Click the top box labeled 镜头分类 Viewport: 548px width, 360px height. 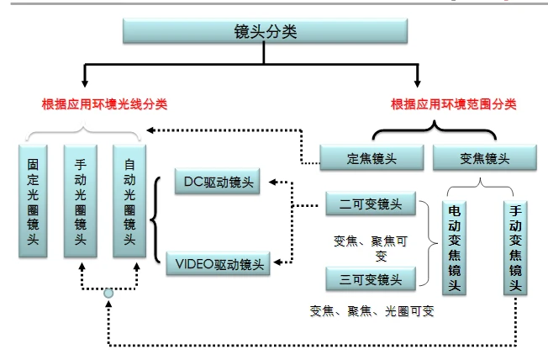265,31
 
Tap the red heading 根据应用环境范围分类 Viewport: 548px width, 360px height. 453,105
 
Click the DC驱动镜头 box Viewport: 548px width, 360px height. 217,181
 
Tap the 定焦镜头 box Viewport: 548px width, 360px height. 371,157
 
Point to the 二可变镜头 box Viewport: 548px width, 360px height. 370,204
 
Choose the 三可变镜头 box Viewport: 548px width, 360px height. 370,278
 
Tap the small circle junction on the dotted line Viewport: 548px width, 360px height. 108,293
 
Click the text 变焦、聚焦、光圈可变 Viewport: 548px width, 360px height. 371,310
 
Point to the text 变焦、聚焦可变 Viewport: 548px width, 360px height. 370,247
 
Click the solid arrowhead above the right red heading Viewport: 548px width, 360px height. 418,83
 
